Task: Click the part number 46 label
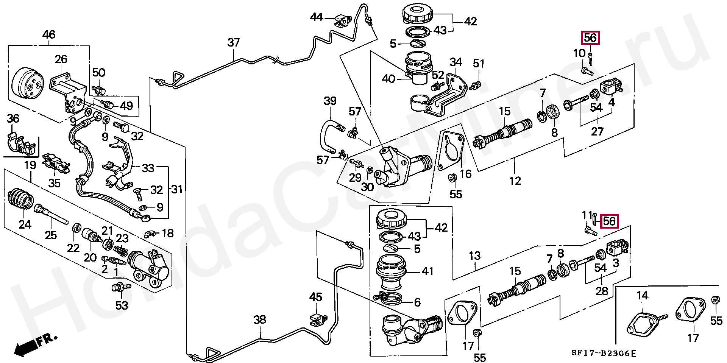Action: pos(49,35)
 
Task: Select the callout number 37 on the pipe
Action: pos(234,42)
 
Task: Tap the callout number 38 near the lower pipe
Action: pos(260,320)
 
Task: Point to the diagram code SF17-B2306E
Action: pos(604,354)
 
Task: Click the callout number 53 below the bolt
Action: pos(122,305)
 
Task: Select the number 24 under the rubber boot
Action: pos(25,224)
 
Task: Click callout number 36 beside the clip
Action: pos(13,118)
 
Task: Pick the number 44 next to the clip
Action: pos(317,17)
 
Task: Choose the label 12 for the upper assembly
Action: pos(515,181)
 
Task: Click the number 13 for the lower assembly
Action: pos(475,256)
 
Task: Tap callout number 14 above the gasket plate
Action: pos(642,295)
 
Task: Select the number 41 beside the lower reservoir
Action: pos(427,271)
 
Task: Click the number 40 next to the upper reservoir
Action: pos(388,79)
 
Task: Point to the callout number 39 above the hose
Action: pos(330,101)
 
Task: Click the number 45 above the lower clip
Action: pos(316,297)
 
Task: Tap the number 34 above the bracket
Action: pos(456,62)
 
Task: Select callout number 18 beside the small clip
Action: pos(167,233)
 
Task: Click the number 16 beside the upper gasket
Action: pos(465,174)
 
